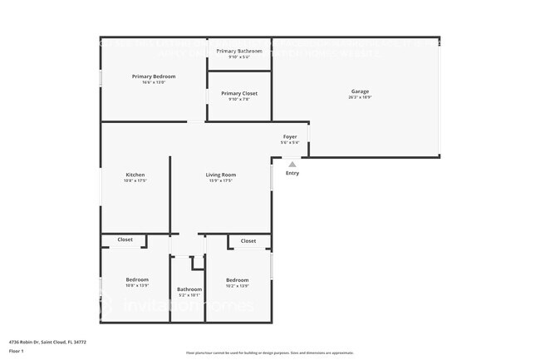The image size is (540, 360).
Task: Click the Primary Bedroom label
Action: pos(154,76)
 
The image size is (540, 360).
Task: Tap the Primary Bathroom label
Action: pos(239,52)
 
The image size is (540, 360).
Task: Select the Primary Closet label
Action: pos(239,93)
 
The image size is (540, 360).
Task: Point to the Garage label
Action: pos(360,91)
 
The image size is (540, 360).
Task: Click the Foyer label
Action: pos(290,136)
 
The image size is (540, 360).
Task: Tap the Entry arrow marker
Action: pos(292,165)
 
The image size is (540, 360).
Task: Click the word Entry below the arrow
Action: pos(292,173)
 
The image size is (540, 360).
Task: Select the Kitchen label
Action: pos(135,175)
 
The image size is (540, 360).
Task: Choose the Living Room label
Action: pos(221,175)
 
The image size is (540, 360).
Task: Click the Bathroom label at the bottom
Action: pos(189,289)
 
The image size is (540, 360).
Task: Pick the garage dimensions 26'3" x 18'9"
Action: pos(360,98)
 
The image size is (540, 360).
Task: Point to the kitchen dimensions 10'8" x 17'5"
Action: pos(135,181)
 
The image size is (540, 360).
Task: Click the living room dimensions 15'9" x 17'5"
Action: pos(221,181)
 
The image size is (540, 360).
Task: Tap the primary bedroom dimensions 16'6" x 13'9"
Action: pos(154,83)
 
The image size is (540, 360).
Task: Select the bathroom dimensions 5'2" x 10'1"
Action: pos(189,296)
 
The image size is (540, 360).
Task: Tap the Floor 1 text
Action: pos(16,351)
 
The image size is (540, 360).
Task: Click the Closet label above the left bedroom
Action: pos(125,239)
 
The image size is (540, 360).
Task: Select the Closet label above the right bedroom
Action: pos(248,241)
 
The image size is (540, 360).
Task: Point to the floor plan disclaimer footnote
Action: pos(269,353)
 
